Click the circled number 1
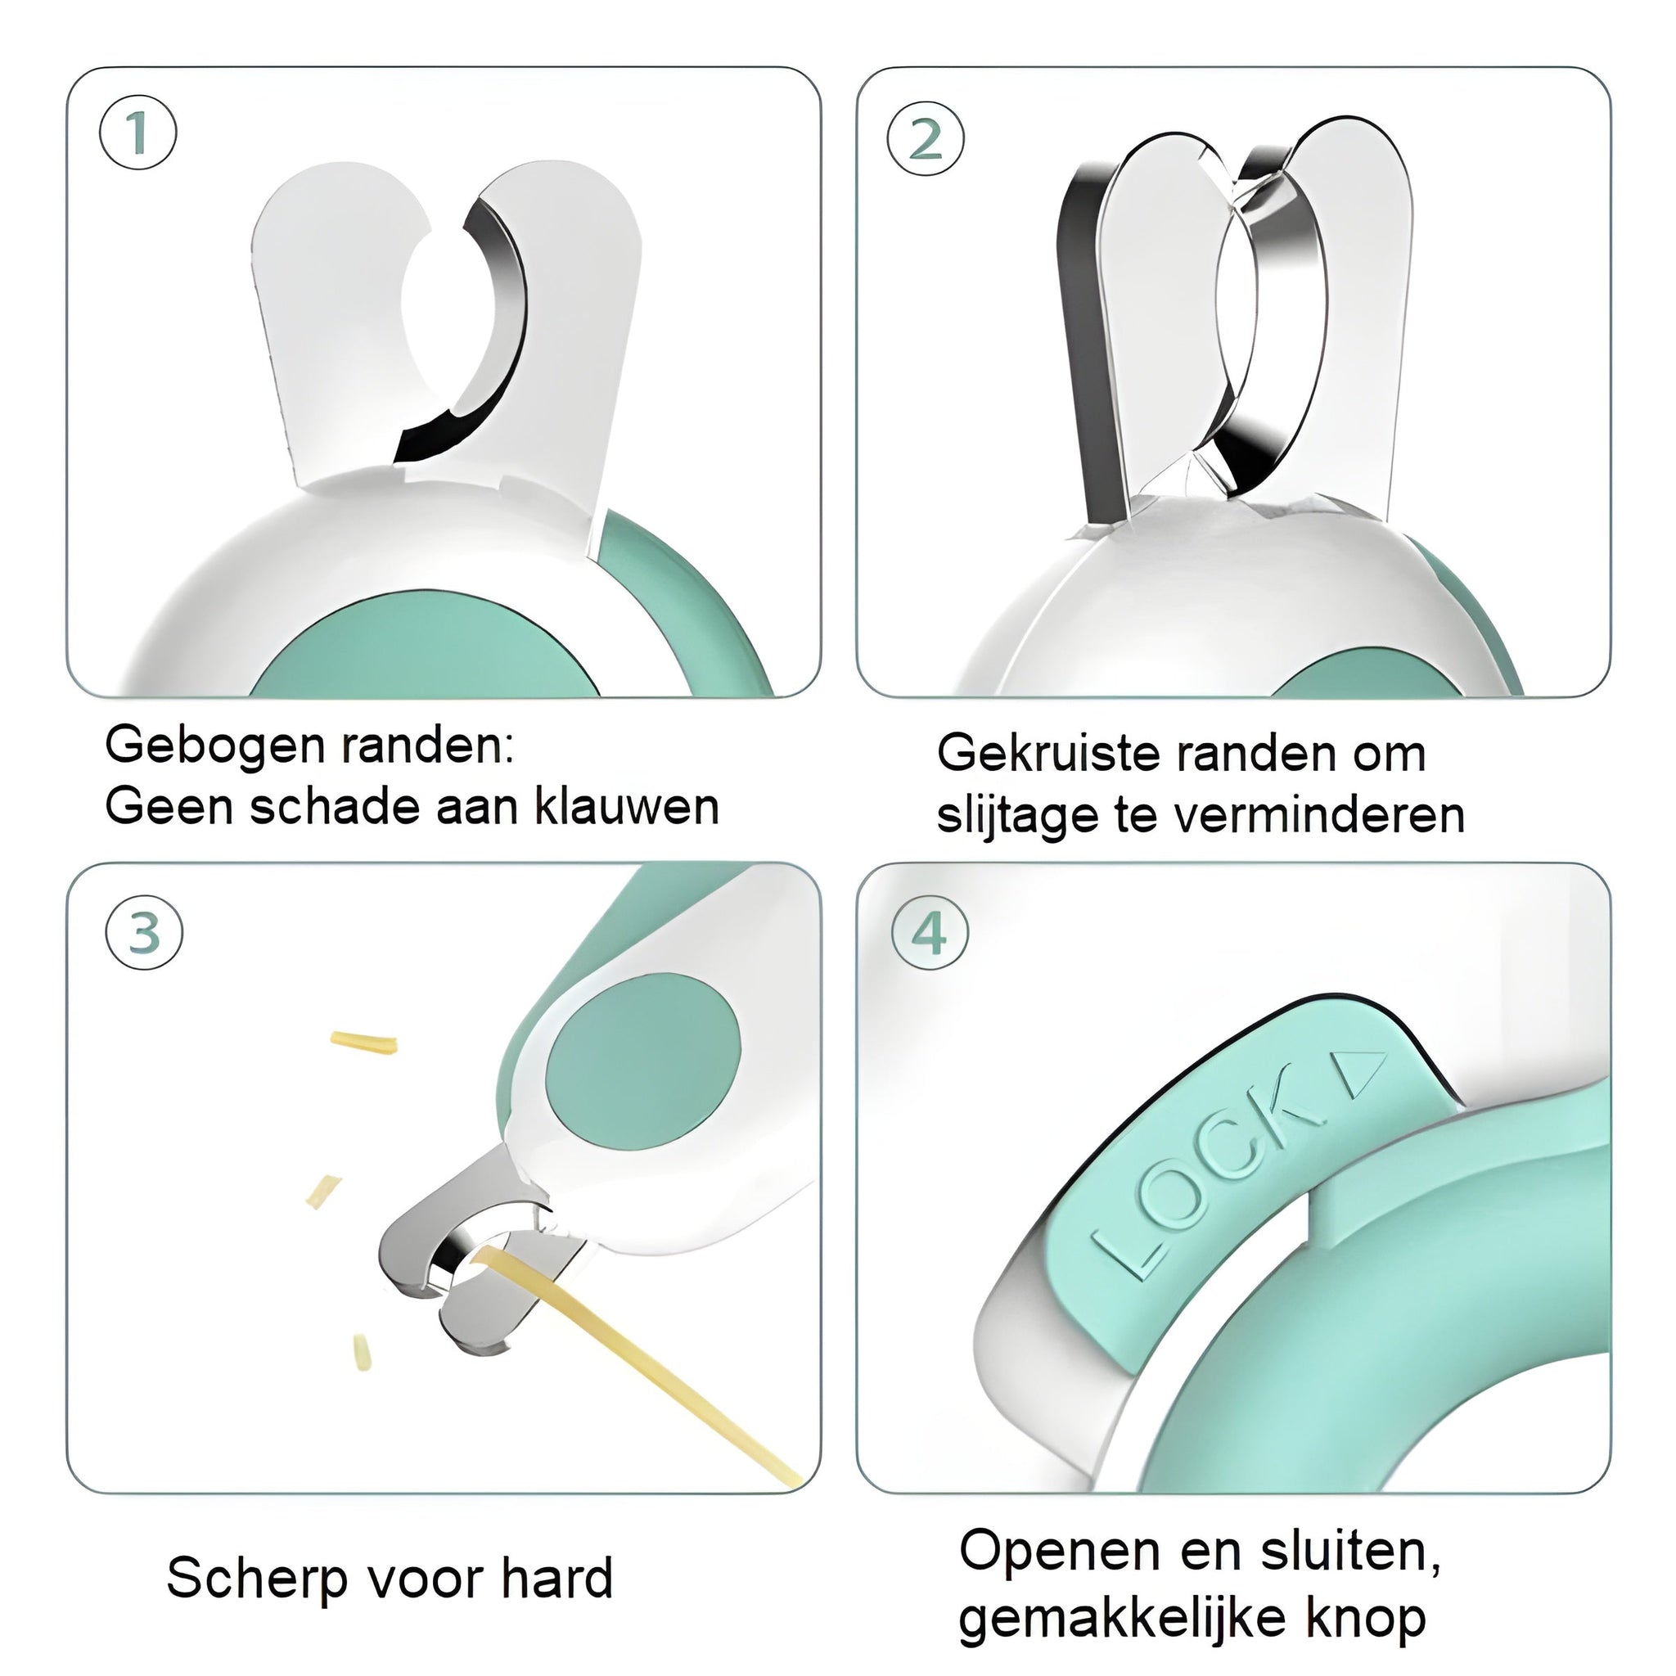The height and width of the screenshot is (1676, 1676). [x=138, y=133]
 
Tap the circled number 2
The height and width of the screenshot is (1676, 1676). [x=926, y=139]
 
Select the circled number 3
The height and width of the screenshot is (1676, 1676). [x=144, y=933]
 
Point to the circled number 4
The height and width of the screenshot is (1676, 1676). [x=930, y=935]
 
